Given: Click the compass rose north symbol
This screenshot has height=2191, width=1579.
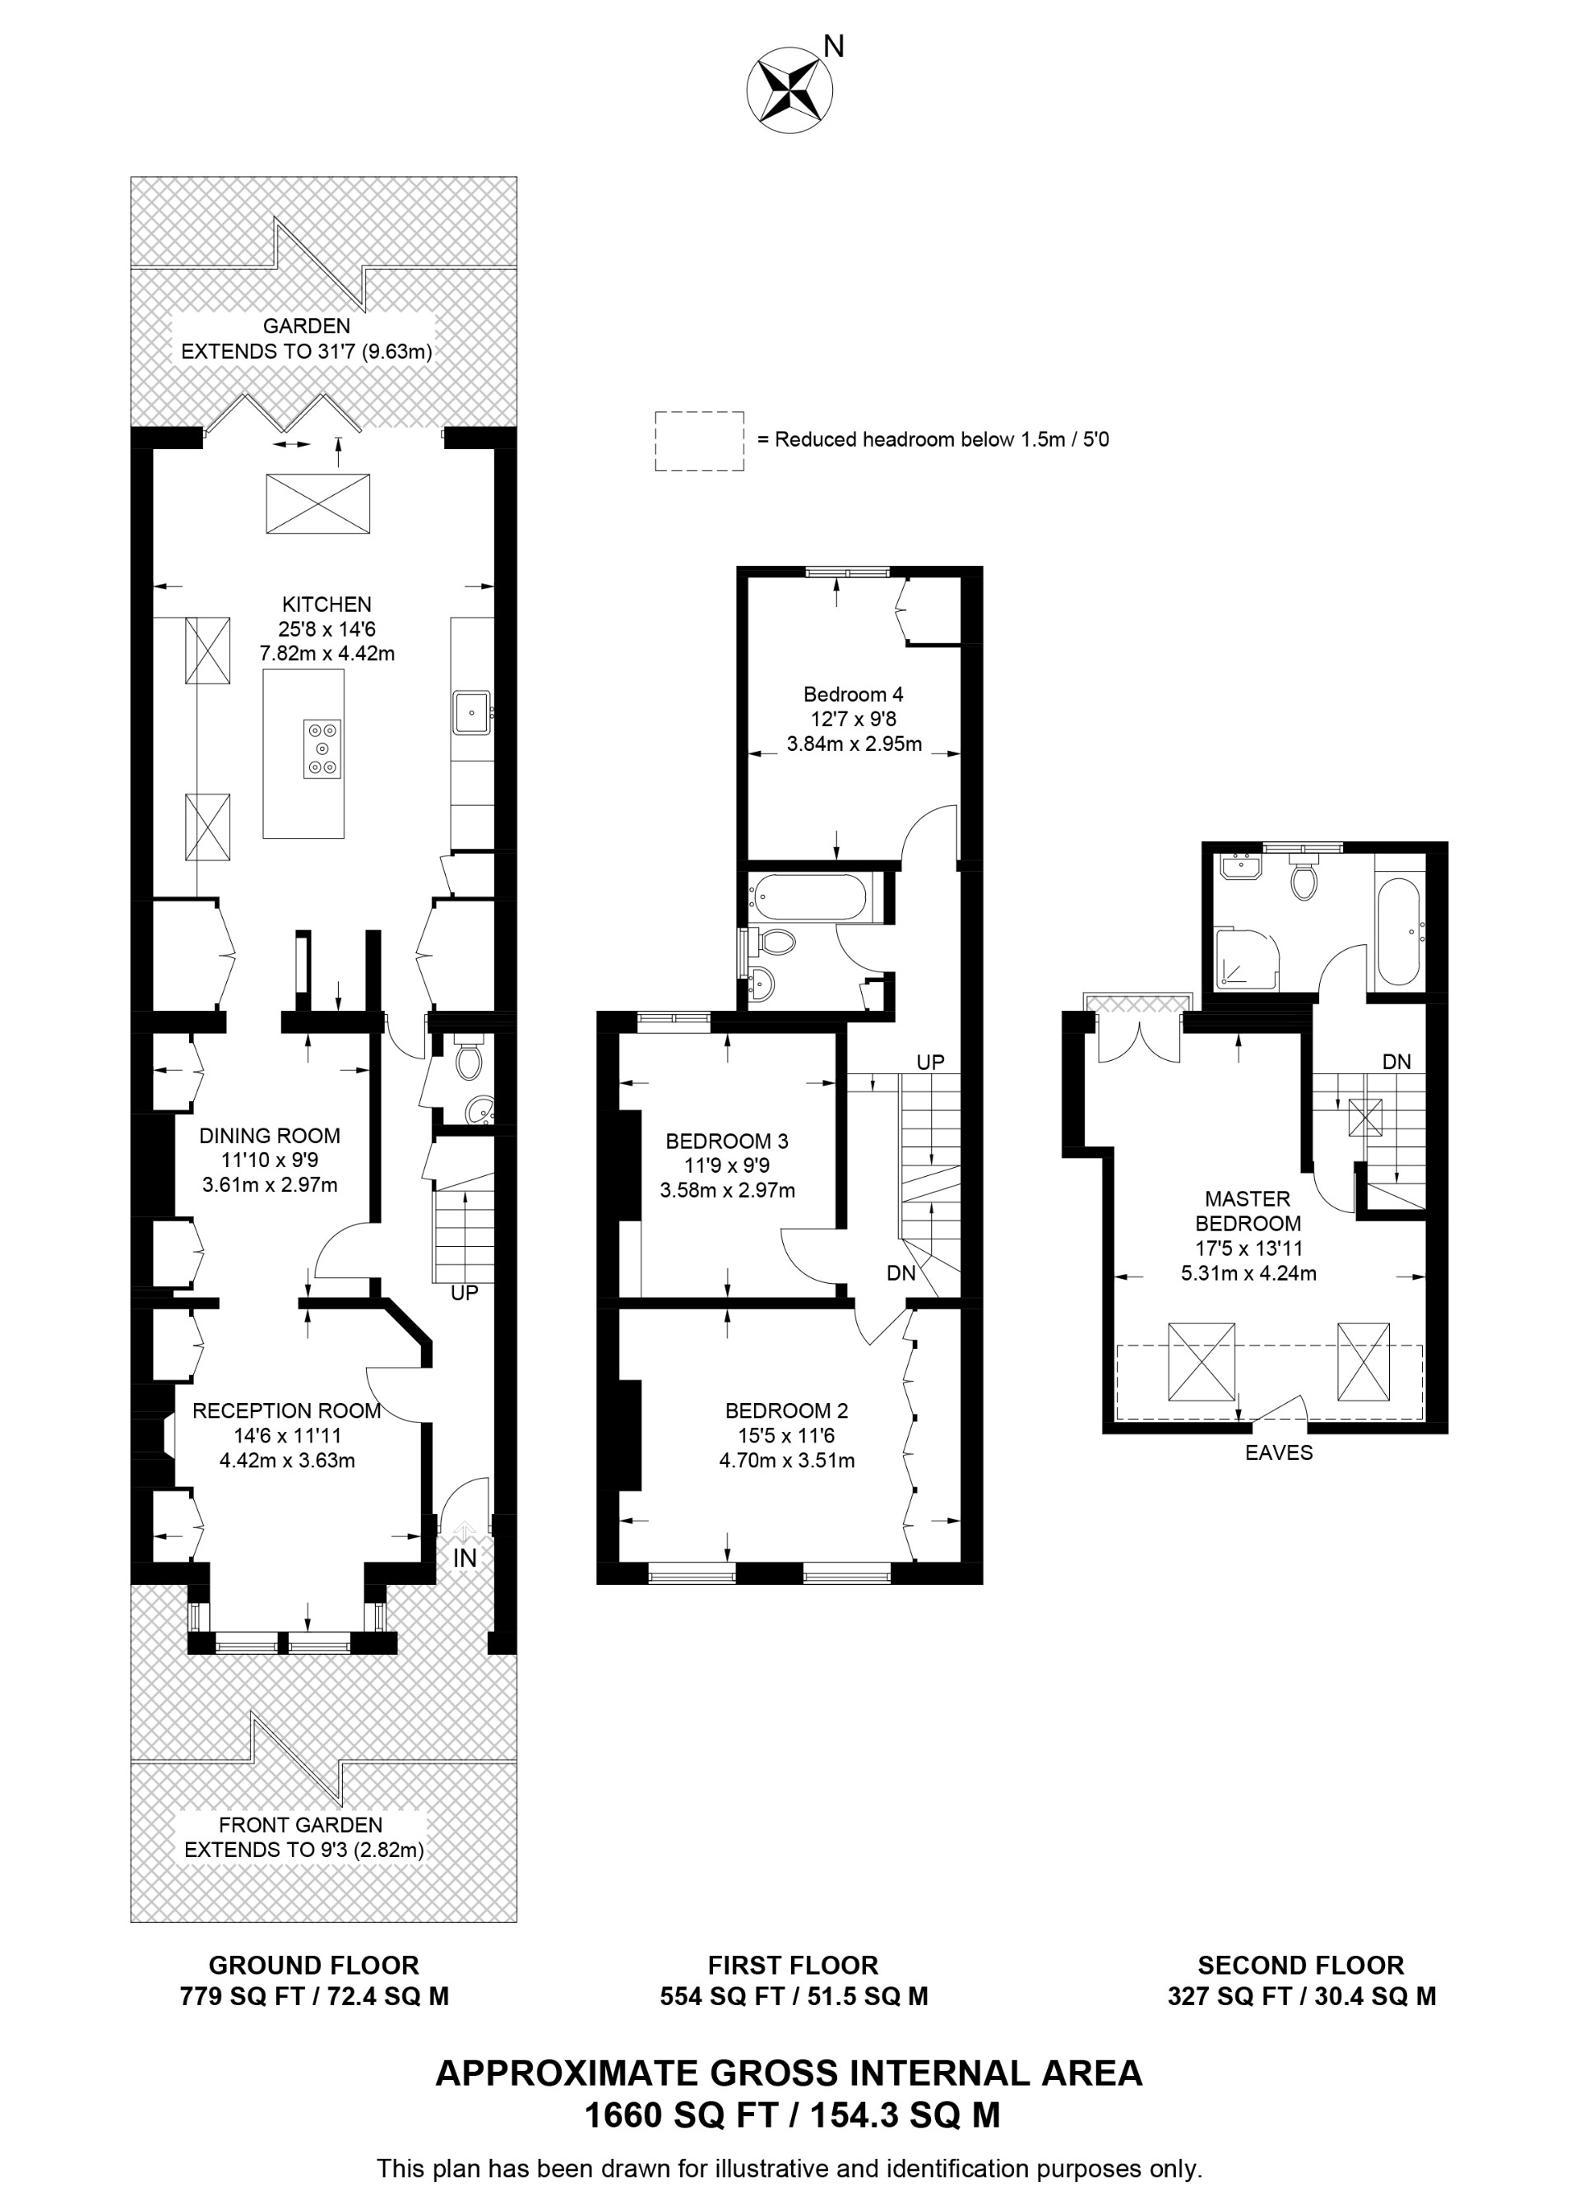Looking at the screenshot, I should [789, 89].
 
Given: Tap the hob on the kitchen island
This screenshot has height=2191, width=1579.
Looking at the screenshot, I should [322, 748].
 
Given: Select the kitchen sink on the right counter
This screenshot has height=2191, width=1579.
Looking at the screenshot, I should [472, 713].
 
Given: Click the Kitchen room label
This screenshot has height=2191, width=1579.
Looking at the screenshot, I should [326, 604].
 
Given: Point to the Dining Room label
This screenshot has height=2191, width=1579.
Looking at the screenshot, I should [270, 1136].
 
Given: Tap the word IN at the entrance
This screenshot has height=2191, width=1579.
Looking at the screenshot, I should [465, 1557].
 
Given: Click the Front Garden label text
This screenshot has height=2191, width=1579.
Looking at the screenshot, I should [300, 1825].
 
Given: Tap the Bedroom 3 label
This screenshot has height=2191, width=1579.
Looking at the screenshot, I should [726, 1141].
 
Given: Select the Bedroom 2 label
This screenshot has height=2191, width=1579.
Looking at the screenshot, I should [786, 1410].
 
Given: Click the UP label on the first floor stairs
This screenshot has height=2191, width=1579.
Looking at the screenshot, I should [929, 1062].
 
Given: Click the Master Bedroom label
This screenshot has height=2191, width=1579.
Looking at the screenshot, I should [1247, 1211].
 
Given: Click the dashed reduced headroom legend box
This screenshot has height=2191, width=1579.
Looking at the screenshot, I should [699, 442].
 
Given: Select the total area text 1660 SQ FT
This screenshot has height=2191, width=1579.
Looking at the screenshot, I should [681, 2115].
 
